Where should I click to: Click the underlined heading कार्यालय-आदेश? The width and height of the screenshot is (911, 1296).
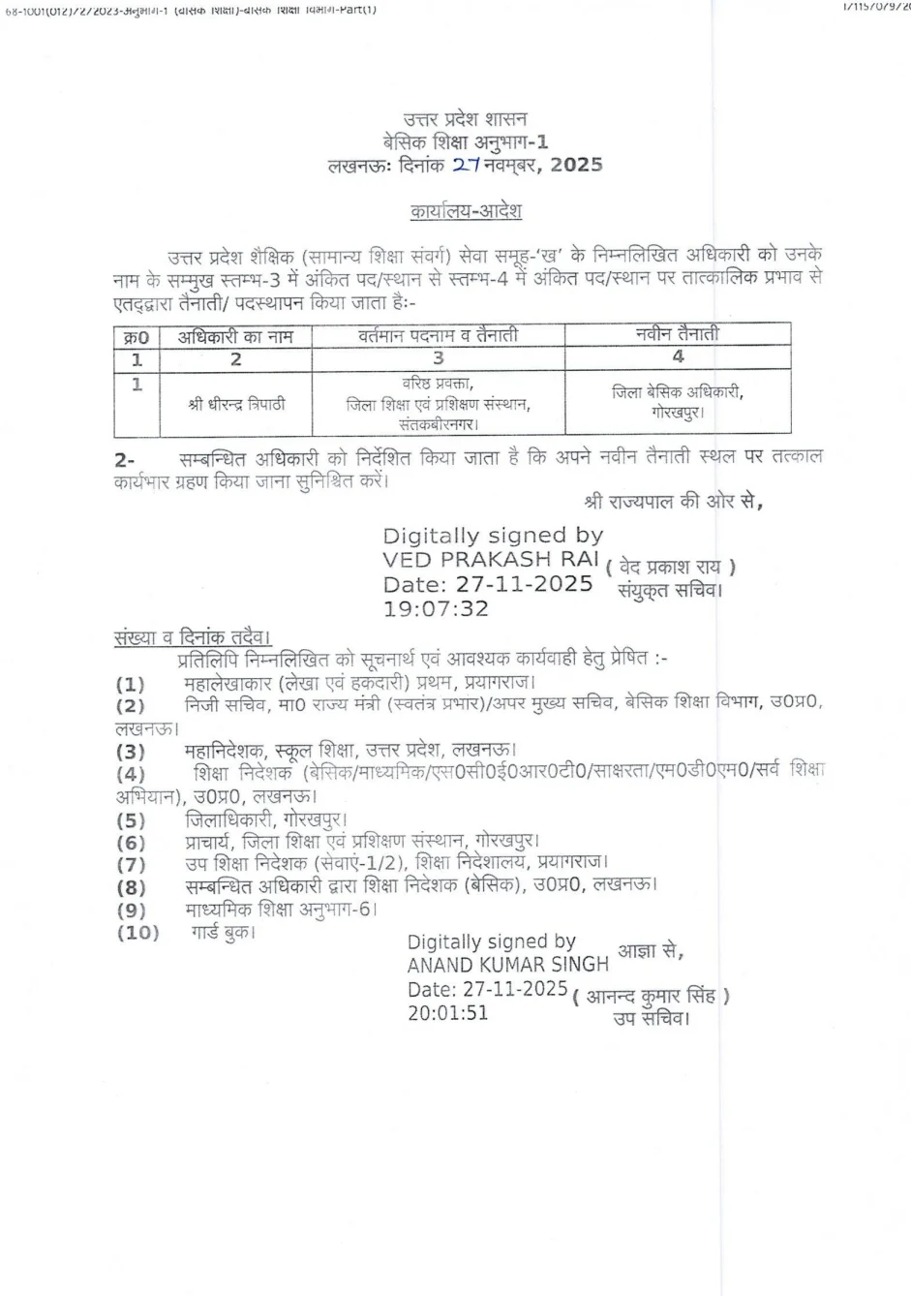click(466, 210)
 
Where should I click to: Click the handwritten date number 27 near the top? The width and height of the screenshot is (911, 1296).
click(466, 165)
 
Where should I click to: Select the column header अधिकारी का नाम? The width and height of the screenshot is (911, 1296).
click(235, 337)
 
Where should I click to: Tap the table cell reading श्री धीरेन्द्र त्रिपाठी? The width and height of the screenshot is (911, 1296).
click(236, 404)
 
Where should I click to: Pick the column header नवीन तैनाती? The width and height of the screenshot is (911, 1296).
click(678, 334)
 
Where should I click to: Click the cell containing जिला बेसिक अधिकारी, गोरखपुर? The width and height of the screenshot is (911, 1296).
click(678, 401)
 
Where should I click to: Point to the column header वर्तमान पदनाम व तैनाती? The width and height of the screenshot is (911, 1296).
click(438, 336)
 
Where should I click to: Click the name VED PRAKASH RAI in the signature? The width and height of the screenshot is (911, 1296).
click(491, 559)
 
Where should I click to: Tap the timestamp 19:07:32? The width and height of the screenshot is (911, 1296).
click(436, 609)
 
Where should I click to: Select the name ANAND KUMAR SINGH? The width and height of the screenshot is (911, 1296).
click(507, 965)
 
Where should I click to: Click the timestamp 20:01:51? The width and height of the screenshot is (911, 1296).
click(447, 1013)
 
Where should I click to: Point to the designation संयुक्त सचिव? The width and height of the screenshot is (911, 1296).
click(670, 589)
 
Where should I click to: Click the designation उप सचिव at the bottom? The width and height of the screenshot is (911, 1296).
click(651, 1018)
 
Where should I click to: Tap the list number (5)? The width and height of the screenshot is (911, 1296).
click(131, 819)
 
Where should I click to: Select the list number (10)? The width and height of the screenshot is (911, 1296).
click(137, 933)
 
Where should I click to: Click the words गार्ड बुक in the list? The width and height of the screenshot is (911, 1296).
click(222, 933)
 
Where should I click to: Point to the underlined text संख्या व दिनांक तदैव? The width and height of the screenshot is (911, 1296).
click(192, 637)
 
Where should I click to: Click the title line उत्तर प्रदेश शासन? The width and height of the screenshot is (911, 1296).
click(466, 119)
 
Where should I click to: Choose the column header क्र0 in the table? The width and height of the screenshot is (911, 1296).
click(137, 337)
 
